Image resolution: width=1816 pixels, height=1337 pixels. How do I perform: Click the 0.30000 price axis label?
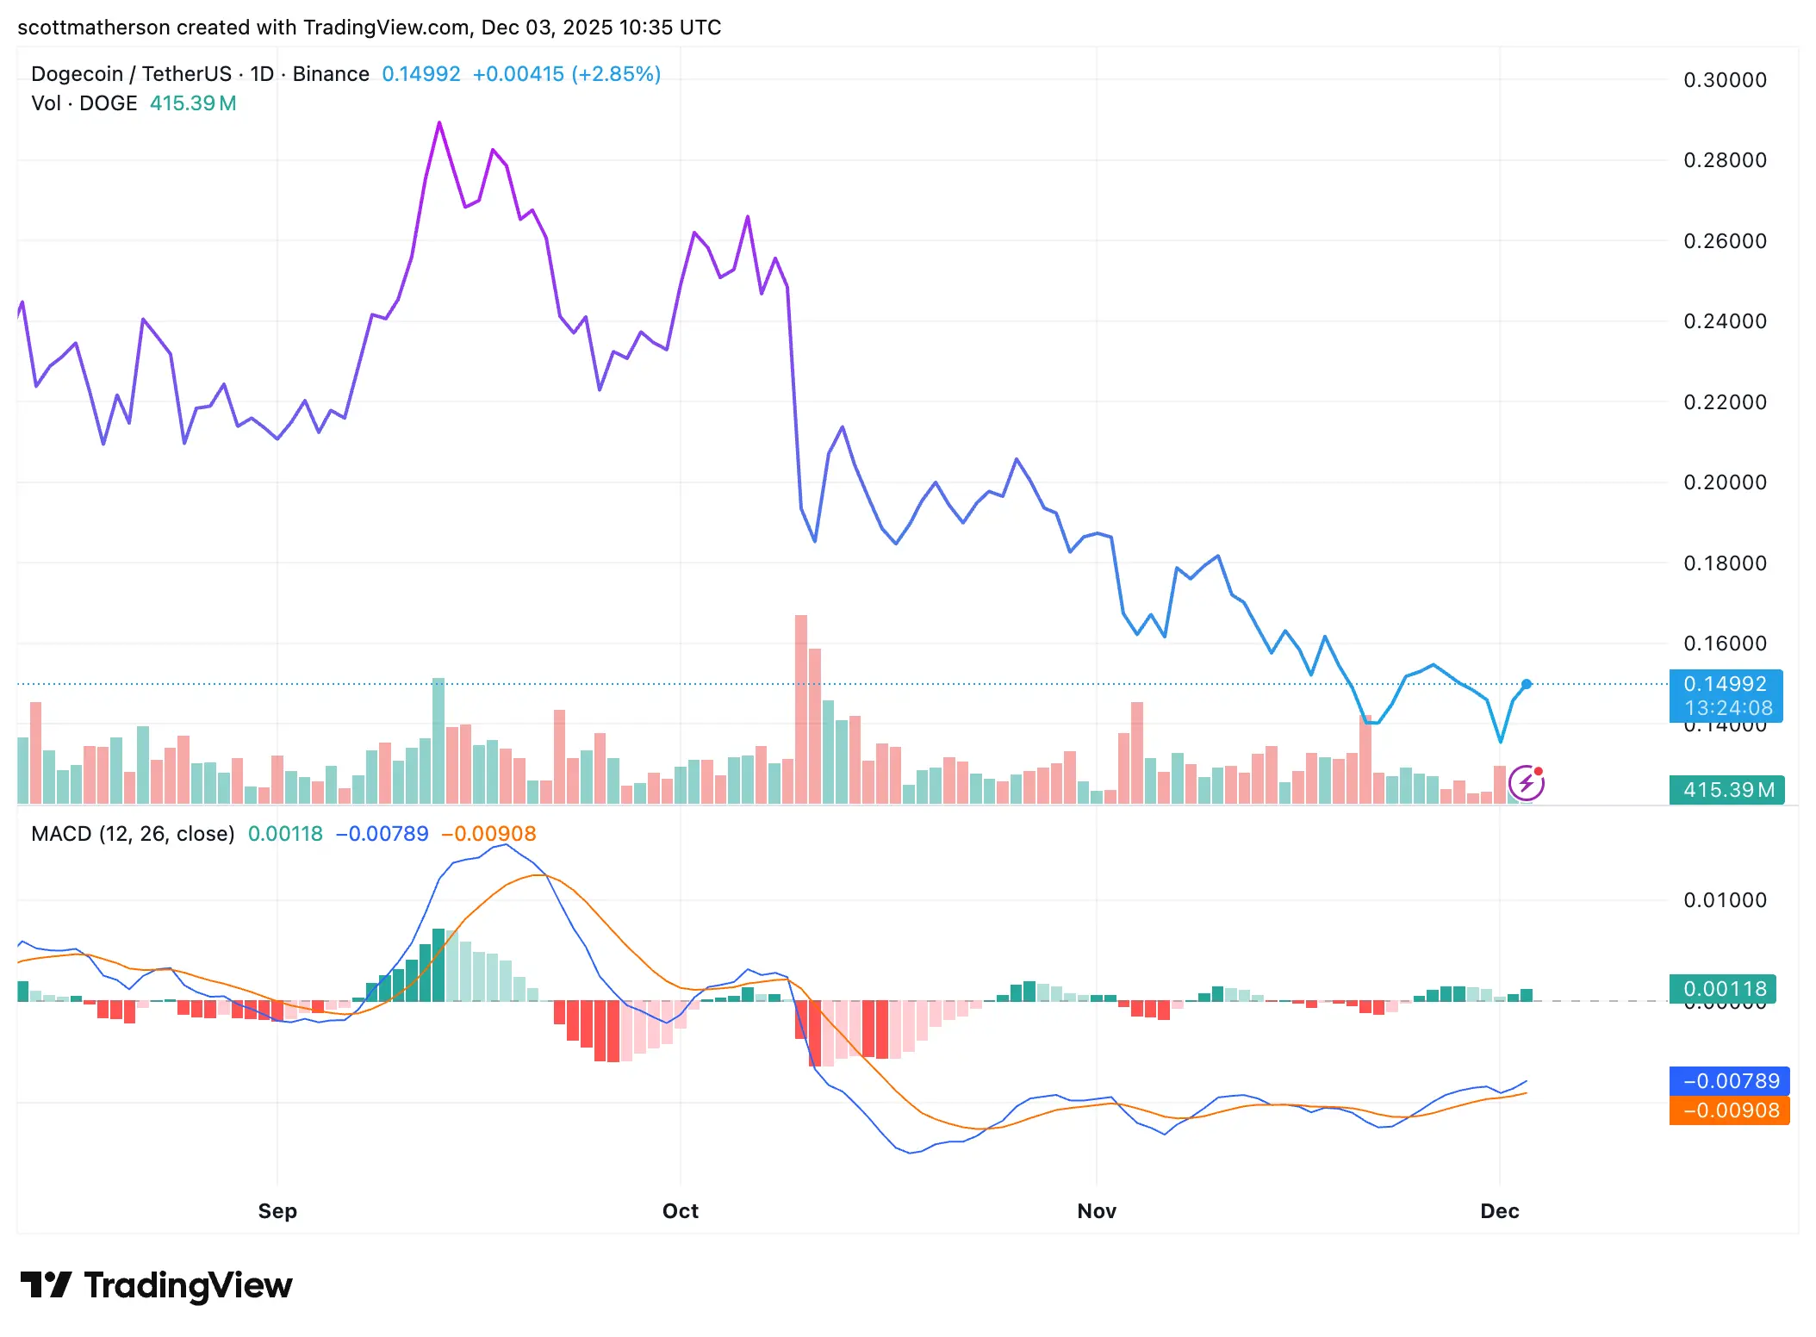click(x=1725, y=80)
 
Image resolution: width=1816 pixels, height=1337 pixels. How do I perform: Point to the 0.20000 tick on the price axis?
click(x=1725, y=482)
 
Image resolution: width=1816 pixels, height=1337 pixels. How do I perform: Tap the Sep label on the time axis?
click(x=277, y=1210)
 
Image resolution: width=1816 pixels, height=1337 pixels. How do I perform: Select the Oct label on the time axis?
click(x=680, y=1210)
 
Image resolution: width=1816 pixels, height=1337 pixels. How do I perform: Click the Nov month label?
click(x=1096, y=1210)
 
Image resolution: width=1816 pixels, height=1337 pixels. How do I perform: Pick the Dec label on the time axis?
click(x=1499, y=1210)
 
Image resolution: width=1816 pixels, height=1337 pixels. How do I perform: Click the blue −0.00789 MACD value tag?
click(x=1730, y=1080)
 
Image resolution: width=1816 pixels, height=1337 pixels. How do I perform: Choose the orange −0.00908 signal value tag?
click(x=1730, y=1110)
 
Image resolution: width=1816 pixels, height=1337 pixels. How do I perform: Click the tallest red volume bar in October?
click(x=800, y=706)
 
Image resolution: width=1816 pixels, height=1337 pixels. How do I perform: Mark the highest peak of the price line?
click(x=439, y=123)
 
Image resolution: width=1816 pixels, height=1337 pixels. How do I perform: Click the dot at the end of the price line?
click(x=1527, y=684)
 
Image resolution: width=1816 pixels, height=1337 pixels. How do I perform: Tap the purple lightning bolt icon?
click(x=1527, y=783)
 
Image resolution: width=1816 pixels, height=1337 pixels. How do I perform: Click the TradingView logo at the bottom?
click(x=157, y=1285)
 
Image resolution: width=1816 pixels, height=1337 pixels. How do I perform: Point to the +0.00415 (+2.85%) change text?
click(x=566, y=74)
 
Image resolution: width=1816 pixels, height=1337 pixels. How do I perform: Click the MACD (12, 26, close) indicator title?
click(x=133, y=834)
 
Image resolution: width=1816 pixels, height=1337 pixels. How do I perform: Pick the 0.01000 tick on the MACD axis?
click(x=1725, y=900)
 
